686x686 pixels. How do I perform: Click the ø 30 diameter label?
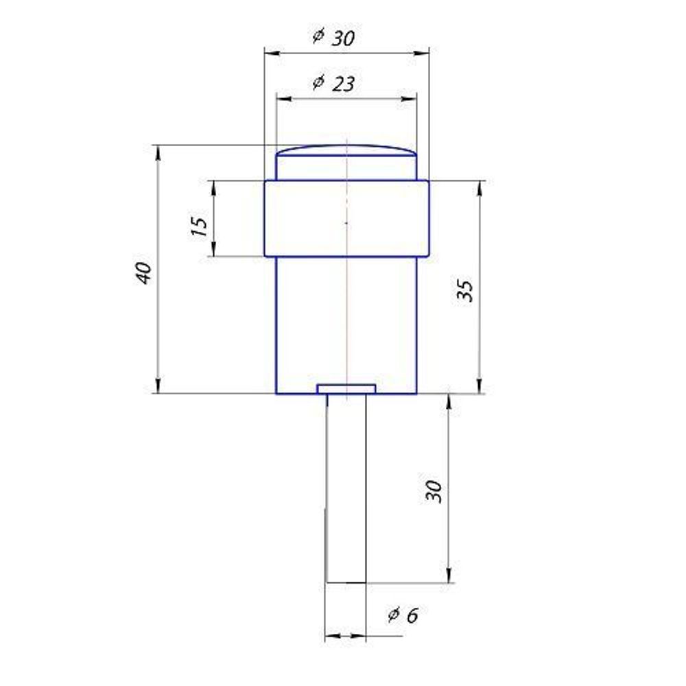click(x=333, y=37)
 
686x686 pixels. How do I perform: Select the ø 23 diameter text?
click(x=333, y=83)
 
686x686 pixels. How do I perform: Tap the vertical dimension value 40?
click(x=144, y=273)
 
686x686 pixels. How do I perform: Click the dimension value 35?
click(x=466, y=291)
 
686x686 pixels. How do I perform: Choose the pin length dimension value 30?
click(x=434, y=490)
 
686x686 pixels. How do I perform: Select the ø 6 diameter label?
click(x=403, y=615)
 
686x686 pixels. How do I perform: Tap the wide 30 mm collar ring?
click(x=346, y=218)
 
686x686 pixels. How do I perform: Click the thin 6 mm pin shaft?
click(x=346, y=487)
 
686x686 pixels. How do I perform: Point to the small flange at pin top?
click(x=346, y=389)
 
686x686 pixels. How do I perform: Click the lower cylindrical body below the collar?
click(x=346, y=322)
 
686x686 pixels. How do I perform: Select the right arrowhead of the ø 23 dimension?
click(x=412, y=99)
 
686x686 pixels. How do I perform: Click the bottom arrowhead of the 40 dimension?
click(x=159, y=388)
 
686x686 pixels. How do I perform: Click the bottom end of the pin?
click(x=346, y=582)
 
